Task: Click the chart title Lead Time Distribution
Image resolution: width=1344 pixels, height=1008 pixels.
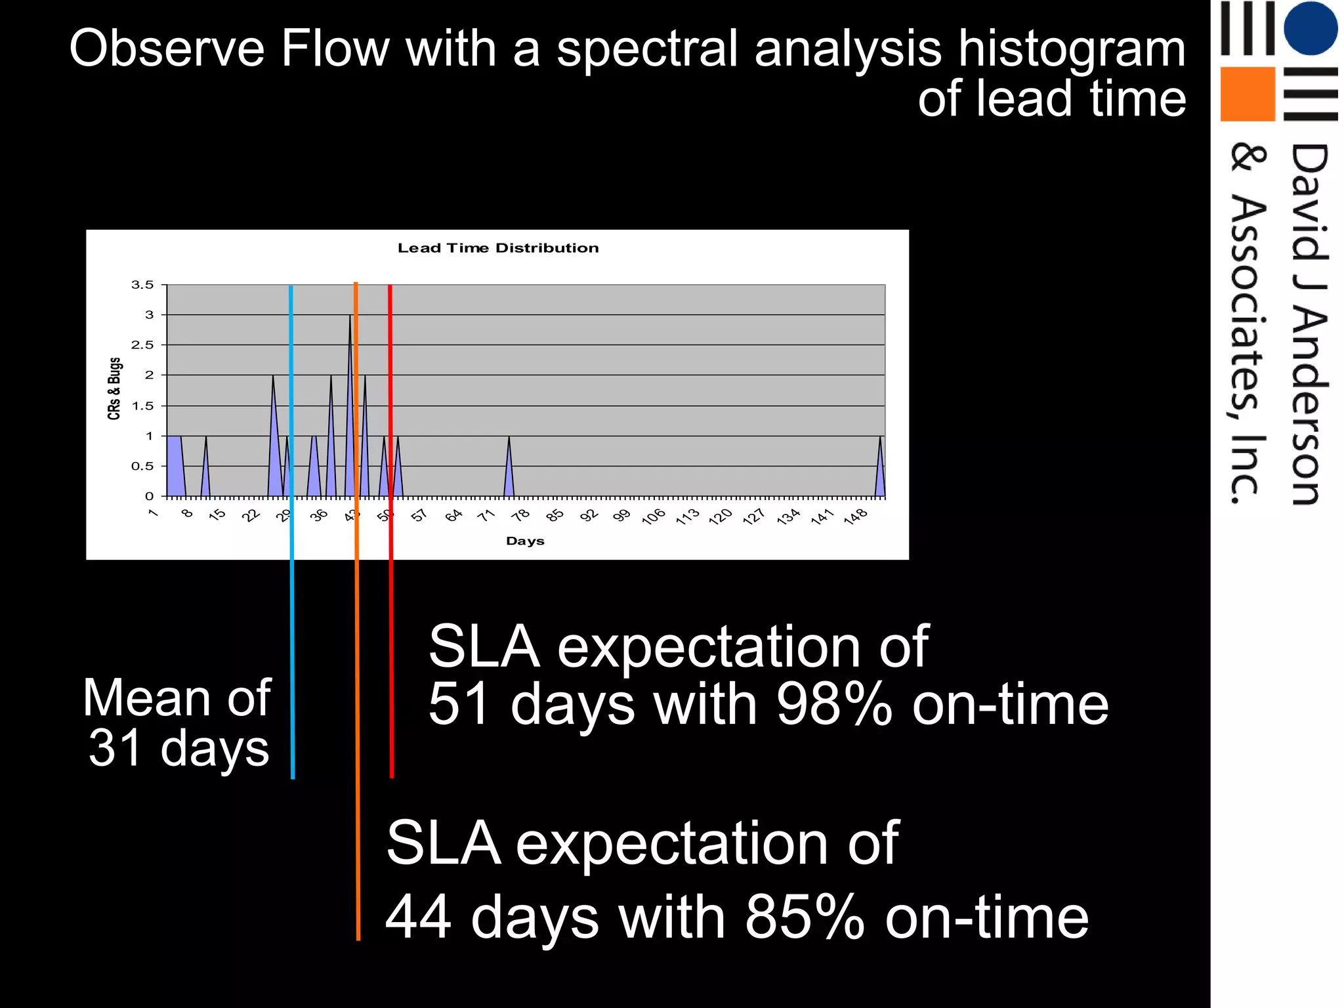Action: [x=498, y=248]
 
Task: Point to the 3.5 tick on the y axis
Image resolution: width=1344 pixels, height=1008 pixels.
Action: [x=142, y=285]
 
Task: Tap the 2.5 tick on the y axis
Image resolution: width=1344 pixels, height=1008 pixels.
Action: [x=142, y=345]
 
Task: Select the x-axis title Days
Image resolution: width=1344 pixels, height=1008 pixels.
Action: [x=525, y=541]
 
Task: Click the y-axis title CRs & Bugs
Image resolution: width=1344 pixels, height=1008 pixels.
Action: [x=114, y=388]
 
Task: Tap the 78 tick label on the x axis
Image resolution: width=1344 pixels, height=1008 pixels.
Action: [x=521, y=515]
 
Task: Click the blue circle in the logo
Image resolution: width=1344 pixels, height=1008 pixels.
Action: [x=1310, y=28]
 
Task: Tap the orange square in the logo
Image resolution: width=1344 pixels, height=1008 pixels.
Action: [x=1247, y=94]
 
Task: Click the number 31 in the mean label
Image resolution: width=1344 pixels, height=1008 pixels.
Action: [x=114, y=748]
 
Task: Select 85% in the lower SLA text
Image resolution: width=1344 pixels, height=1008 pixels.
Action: [x=805, y=917]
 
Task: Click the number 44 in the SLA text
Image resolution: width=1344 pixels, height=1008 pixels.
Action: [x=418, y=917]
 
